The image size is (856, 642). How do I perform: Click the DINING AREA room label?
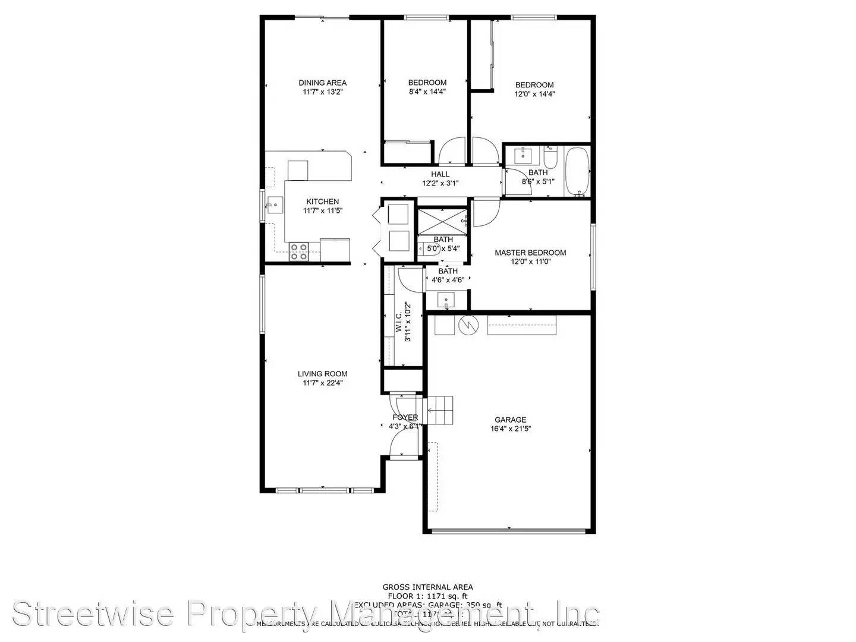(x=322, y=83)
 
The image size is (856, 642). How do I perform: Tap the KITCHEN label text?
(x=323, y=202)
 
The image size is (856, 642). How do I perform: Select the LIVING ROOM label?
(x=323, y=374)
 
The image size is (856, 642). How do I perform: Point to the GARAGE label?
(x=510, y=420)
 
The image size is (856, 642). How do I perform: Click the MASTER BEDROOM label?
(x=530, y=253)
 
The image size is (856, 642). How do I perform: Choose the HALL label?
(x=440, y=174)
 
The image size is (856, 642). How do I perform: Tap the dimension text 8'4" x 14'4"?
(x=427, y=92)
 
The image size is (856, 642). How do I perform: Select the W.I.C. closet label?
(x=398, y=323)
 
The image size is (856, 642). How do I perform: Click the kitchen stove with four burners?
(x=298, y=252)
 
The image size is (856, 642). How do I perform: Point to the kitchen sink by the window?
(x=275, y=206)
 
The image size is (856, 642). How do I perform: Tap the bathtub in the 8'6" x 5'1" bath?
(x=577, y=172)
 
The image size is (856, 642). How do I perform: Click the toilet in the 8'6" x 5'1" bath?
(x=550, y=158)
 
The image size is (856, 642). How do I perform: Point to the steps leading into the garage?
(x=440, y=410)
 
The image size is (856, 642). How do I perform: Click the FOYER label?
(x=405, y=417)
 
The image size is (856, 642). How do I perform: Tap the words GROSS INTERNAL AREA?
(x=427, y=587)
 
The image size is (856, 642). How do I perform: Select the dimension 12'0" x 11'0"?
(x=530, y=262)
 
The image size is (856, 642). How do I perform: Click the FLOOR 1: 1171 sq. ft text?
(x=427, y=596)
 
